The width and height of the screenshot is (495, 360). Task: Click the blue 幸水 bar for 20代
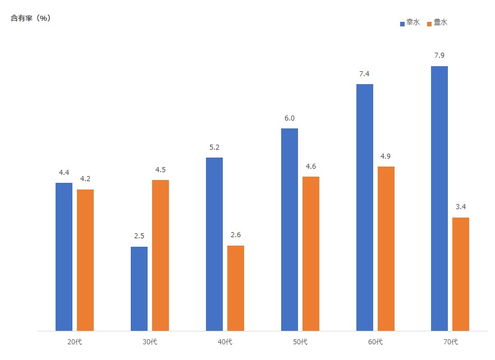64,257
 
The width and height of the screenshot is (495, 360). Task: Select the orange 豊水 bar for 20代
85,260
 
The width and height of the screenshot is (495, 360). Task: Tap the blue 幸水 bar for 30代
139,289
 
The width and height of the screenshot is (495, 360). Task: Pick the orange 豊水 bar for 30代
161,255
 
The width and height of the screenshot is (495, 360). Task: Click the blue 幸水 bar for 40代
214,244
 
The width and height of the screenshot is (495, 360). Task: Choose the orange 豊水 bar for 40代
236,288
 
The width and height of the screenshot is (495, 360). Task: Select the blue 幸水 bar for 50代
290,229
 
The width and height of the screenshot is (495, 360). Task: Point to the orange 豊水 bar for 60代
386,248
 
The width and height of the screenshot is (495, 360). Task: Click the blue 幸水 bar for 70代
439,199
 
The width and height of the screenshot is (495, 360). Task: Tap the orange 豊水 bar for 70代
461,274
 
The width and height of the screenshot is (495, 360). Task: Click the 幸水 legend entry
410,23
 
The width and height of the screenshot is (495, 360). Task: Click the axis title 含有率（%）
31,18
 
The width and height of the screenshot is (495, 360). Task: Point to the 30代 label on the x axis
150,342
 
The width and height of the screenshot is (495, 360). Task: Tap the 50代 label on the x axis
300,342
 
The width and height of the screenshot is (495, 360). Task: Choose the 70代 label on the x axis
450,342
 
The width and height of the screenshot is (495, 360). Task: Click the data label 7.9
439,56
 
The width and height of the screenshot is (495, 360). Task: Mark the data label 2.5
139,236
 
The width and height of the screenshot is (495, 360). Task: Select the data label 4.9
386,156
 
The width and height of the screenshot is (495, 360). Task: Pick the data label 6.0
290,118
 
